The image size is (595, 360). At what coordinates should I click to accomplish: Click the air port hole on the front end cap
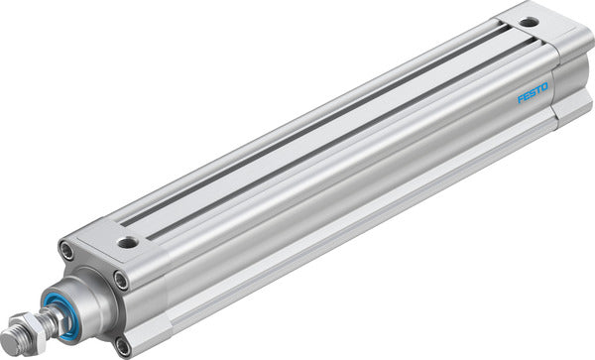click(126, 241)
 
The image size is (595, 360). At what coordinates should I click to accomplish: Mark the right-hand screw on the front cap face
click(121, 282)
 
